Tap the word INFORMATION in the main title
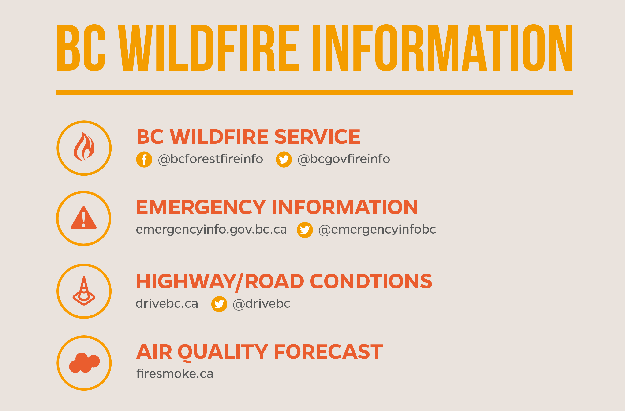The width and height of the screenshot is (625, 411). (x=443, y=48)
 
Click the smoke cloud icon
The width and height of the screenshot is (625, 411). (x=84, y=363)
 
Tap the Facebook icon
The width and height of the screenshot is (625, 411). (x=144, y=160)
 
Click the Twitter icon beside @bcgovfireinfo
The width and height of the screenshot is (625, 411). (x=284, y=160)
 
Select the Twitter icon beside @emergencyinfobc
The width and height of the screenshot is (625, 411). (x=305, y=230)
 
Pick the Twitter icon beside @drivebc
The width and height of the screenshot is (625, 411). (x=219, y=304)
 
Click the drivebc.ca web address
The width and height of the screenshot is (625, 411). (x=167, y=304)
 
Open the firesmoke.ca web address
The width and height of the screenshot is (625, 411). (x=175, y=374)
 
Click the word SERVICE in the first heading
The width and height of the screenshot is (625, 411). (x=317, y=137)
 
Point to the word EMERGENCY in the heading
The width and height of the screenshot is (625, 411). (x=201, y=207)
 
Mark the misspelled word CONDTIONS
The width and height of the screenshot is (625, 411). (x=371, y=281)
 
